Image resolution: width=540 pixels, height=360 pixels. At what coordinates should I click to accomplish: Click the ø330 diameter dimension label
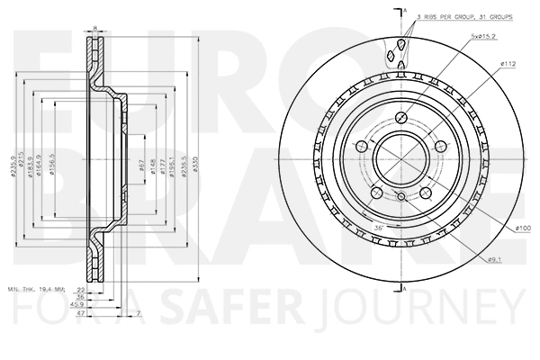198,161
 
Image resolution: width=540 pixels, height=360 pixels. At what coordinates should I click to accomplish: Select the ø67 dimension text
142,164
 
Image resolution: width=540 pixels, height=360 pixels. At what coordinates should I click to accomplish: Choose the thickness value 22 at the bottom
79,290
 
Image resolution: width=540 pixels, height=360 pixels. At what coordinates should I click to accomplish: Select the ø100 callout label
522,229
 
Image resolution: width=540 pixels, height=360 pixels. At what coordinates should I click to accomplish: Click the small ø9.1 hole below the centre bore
400,195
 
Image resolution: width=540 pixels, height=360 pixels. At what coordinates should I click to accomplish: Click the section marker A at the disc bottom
406,288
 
